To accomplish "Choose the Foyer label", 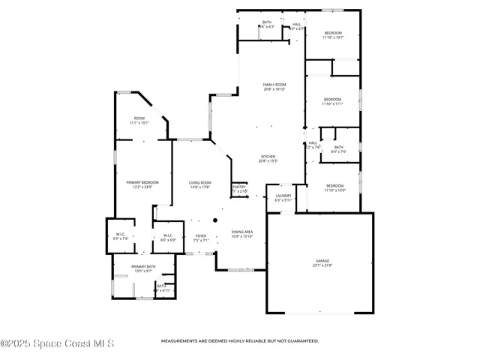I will pos(200,238).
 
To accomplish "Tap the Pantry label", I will pos(239,189).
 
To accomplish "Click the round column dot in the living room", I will pos(214,220).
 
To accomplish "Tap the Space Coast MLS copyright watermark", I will pos(57,344).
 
